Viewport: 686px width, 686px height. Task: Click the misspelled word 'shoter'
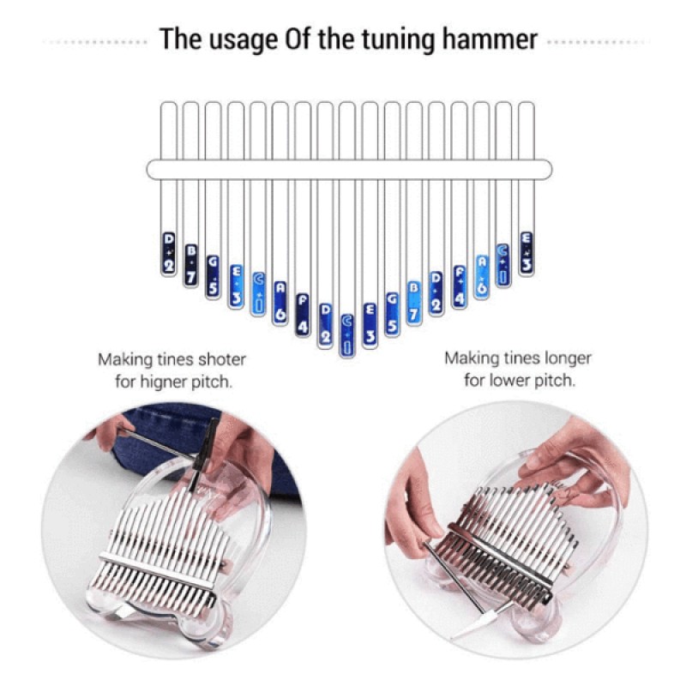click(224, 359)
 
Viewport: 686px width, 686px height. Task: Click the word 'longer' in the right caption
click(563, 358)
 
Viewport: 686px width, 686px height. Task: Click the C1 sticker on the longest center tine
click(347, 334)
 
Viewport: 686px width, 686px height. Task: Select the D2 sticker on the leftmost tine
click(169, 254)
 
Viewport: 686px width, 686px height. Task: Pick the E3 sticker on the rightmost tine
click(527, 253)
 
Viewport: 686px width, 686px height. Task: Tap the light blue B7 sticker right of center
click(414, 302)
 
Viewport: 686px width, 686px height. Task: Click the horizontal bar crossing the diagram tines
click(349, 169)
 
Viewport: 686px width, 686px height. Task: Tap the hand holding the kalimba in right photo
click(575, 467)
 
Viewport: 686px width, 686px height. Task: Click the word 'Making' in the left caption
click(122, 359)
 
